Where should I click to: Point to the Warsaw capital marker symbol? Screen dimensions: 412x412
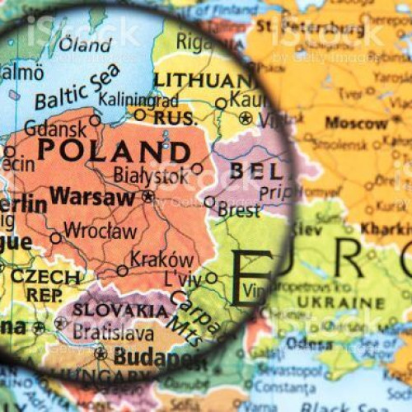147,197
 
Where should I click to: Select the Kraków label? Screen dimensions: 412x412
162,259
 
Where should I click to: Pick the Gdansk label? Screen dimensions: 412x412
55,129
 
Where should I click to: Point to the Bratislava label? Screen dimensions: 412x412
113,332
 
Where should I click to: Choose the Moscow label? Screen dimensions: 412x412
356,123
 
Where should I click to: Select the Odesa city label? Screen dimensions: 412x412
310,344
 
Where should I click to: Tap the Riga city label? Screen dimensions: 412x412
194,41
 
